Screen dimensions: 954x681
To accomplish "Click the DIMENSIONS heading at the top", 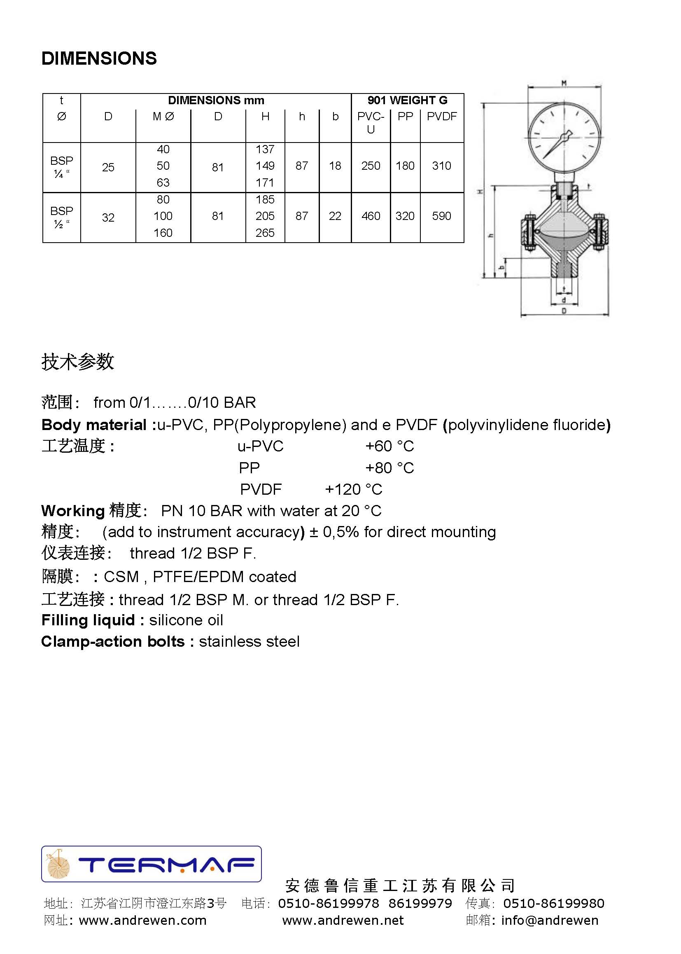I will click(x=99, y=58).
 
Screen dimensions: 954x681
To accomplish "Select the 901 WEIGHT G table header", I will click(x=407, y=100).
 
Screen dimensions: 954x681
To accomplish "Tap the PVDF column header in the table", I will click(x=441, y=116).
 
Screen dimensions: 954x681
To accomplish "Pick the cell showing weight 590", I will click(x=441, y=216).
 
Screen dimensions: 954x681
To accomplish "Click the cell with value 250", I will click(x=371, y=166).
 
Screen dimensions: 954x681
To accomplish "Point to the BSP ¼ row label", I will click(x=62, y=167).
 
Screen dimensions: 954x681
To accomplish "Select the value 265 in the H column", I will click(x=265, y=233).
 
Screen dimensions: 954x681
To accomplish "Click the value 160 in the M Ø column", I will click(x=163, y=233).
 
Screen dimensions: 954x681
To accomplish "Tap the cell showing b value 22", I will click(x=335, y=216).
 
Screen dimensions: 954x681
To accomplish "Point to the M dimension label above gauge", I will click(x=564, y=83).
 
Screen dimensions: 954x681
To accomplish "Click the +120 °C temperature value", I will click(x=354, y=489).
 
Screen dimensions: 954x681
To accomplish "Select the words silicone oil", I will click(x=186, y=620).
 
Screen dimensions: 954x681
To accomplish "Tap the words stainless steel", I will click(x=249, y=641).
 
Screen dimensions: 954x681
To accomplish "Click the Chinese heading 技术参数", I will click(x=77, y=361).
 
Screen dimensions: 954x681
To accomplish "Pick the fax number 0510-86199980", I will click(x=553, y=903).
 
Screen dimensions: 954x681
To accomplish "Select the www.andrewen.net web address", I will click(x=343, y=921).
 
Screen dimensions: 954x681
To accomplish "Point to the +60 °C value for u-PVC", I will click(x=389, y=446).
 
